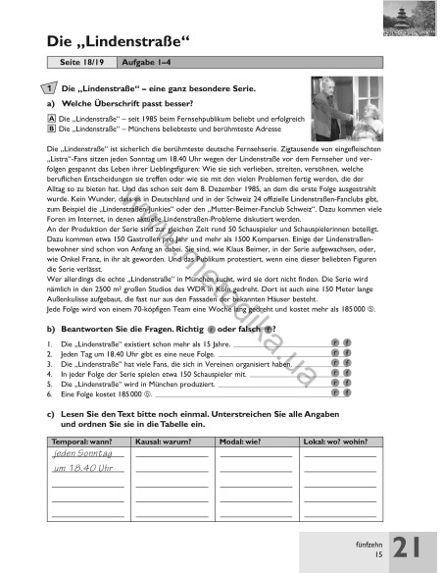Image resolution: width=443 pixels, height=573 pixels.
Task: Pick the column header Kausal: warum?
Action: [169, 443]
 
